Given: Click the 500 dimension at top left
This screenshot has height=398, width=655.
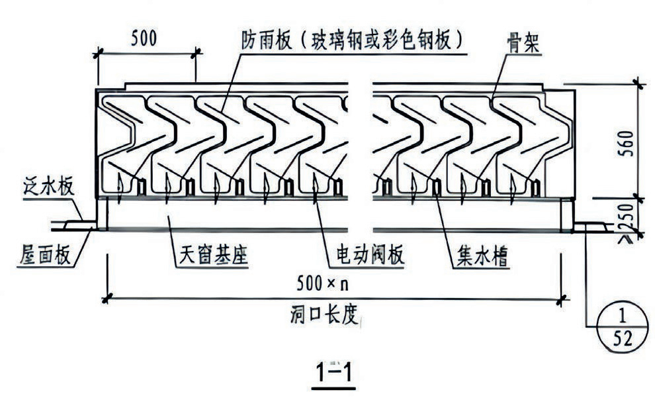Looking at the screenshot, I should pos(144,38).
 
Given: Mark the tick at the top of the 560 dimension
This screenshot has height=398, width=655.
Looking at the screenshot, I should pos(638,83).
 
